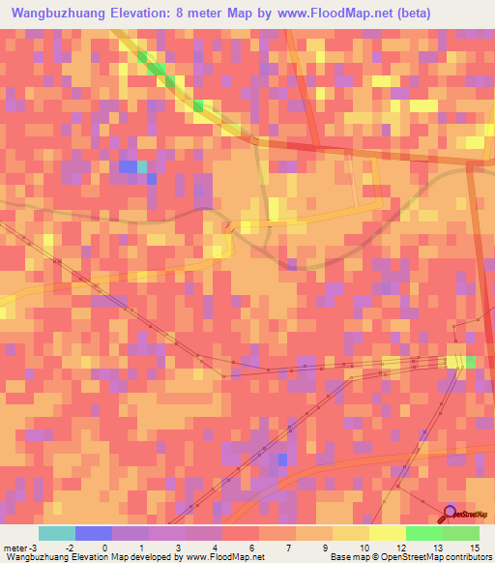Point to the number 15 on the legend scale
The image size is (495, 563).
point(474,548)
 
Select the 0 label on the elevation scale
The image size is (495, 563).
point(104,548)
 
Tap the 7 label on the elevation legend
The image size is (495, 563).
point(288,548)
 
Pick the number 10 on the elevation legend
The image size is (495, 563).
point(363,548)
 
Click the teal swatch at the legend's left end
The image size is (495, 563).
point(57,533)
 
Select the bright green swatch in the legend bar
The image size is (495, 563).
point(424,533)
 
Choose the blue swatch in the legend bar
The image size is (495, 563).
point(94,533)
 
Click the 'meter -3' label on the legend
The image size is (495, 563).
point(18,548)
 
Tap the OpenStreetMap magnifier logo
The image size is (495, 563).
point(450,513)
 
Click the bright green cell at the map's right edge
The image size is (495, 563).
point(471,362)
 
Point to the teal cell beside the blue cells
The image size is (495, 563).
point(142,166)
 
